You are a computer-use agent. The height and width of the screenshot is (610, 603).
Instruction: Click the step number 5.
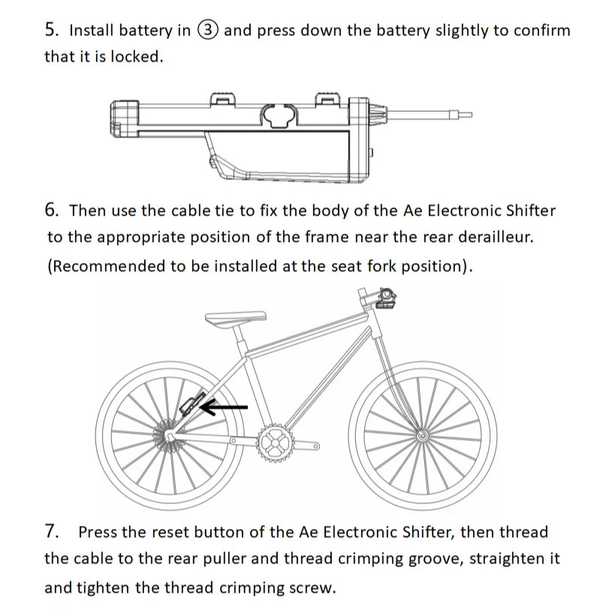(x=50, y=30)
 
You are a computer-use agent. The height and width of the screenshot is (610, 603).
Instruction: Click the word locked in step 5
(x=136, y=57)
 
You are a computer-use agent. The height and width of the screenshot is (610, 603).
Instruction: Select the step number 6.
(x=50, y=210)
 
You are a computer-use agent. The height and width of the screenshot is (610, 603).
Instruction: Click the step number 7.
(x=51, y=532)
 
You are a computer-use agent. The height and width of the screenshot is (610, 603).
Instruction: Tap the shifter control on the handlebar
(x=386, y=300)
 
